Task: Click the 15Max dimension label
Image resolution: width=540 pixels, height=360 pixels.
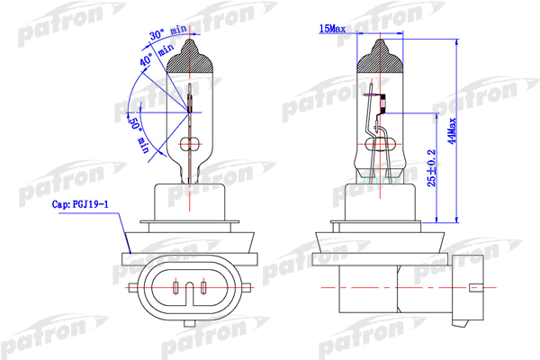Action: [332, 29]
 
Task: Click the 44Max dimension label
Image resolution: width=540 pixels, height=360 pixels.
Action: [453, 130]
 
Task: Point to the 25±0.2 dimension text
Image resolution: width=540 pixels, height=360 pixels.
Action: [431, 168]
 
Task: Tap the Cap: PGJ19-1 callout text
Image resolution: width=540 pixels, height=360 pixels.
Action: [80, 204]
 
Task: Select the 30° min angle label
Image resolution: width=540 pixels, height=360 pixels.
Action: [168, 32]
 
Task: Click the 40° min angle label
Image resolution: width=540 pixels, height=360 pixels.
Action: [156, 55]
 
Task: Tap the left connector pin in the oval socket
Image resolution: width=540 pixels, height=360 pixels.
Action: [175, 287]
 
